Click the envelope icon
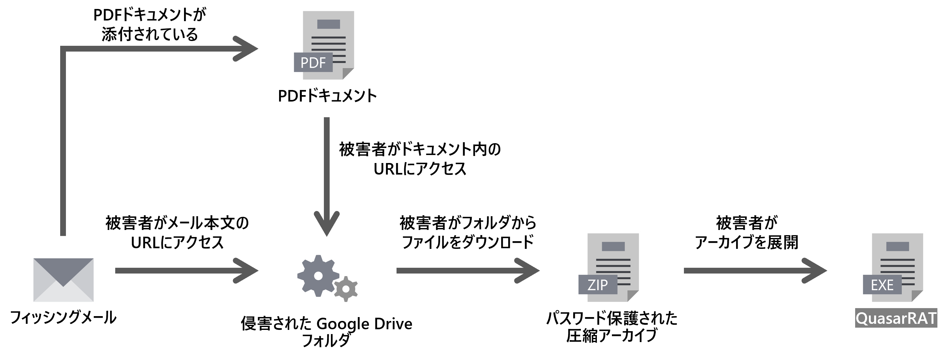pos(63,280)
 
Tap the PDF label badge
pos(312,62)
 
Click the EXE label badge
pos(882,285)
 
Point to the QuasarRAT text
pos(896,318)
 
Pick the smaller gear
pos(346,289)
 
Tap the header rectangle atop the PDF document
pos(328,24)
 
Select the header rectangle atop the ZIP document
pos(613,246)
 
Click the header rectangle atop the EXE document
pos(897,246)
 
